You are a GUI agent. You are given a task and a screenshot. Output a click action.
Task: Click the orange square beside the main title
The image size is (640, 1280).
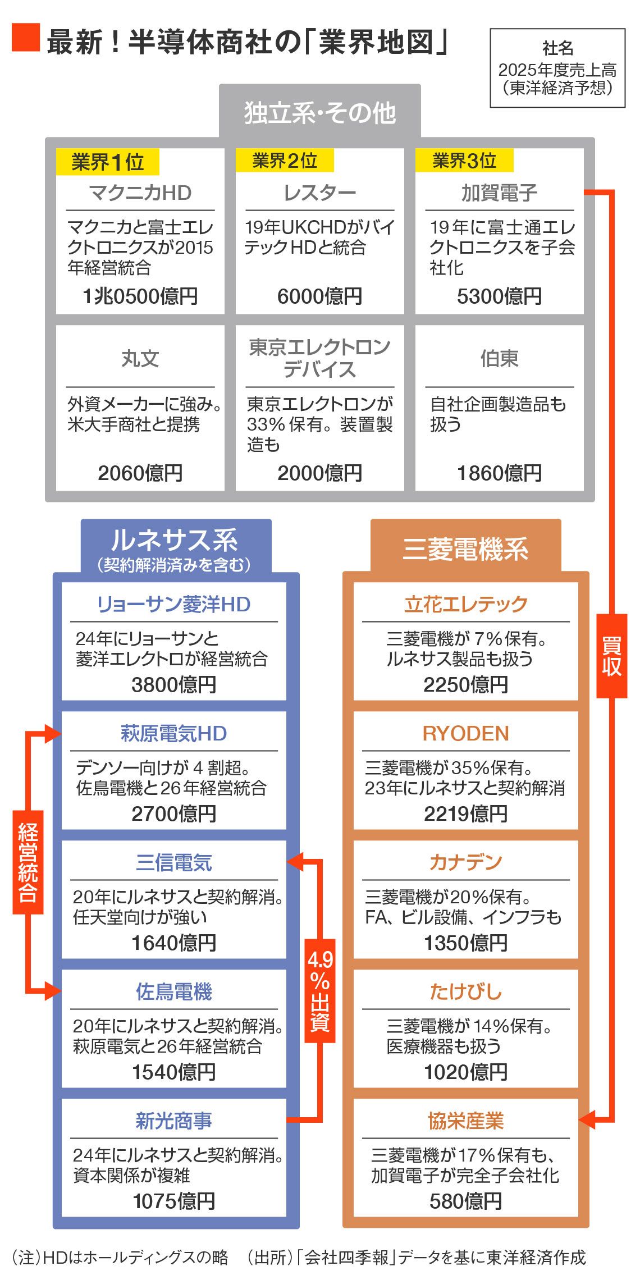tap(26, 38)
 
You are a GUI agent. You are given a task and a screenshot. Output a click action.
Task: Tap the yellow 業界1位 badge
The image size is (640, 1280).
tap(107, 162)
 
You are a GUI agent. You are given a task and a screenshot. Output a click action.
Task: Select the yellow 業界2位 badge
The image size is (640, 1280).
tap(285, 161)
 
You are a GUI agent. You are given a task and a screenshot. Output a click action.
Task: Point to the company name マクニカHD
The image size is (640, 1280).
tap(140, 193)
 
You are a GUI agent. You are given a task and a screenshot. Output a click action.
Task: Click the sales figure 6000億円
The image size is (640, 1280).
tap(319, 296)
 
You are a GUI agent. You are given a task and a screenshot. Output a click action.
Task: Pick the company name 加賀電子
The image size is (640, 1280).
tap(499, 193)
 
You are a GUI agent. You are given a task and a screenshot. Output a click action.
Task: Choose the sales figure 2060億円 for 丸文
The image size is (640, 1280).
tap(140, 473)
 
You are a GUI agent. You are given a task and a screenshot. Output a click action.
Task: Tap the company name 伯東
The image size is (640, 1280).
tap(499, 359)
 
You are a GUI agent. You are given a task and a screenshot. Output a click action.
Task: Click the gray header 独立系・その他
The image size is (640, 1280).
tap(319, 113)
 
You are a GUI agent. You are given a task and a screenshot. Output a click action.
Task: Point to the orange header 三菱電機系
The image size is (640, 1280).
tap(465, 549)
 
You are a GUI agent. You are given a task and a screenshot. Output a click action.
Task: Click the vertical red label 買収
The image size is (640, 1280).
tap(611, 656)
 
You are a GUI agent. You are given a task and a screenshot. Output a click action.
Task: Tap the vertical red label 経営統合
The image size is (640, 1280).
tap(28, 862)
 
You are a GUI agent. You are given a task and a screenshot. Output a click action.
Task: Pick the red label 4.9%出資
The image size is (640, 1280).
tap(320, 991)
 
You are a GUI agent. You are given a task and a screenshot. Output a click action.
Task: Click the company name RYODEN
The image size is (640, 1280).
tap(465, 733)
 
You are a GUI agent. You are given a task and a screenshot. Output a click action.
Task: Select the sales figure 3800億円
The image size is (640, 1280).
tap(174, 684)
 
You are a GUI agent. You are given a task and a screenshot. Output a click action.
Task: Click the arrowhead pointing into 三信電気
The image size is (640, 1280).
tap(294, 861)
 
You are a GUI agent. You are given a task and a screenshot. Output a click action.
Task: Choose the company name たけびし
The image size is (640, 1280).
tap(465, 991)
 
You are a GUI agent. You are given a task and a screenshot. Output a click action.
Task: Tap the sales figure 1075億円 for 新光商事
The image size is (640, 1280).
tap(174, 1201)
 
